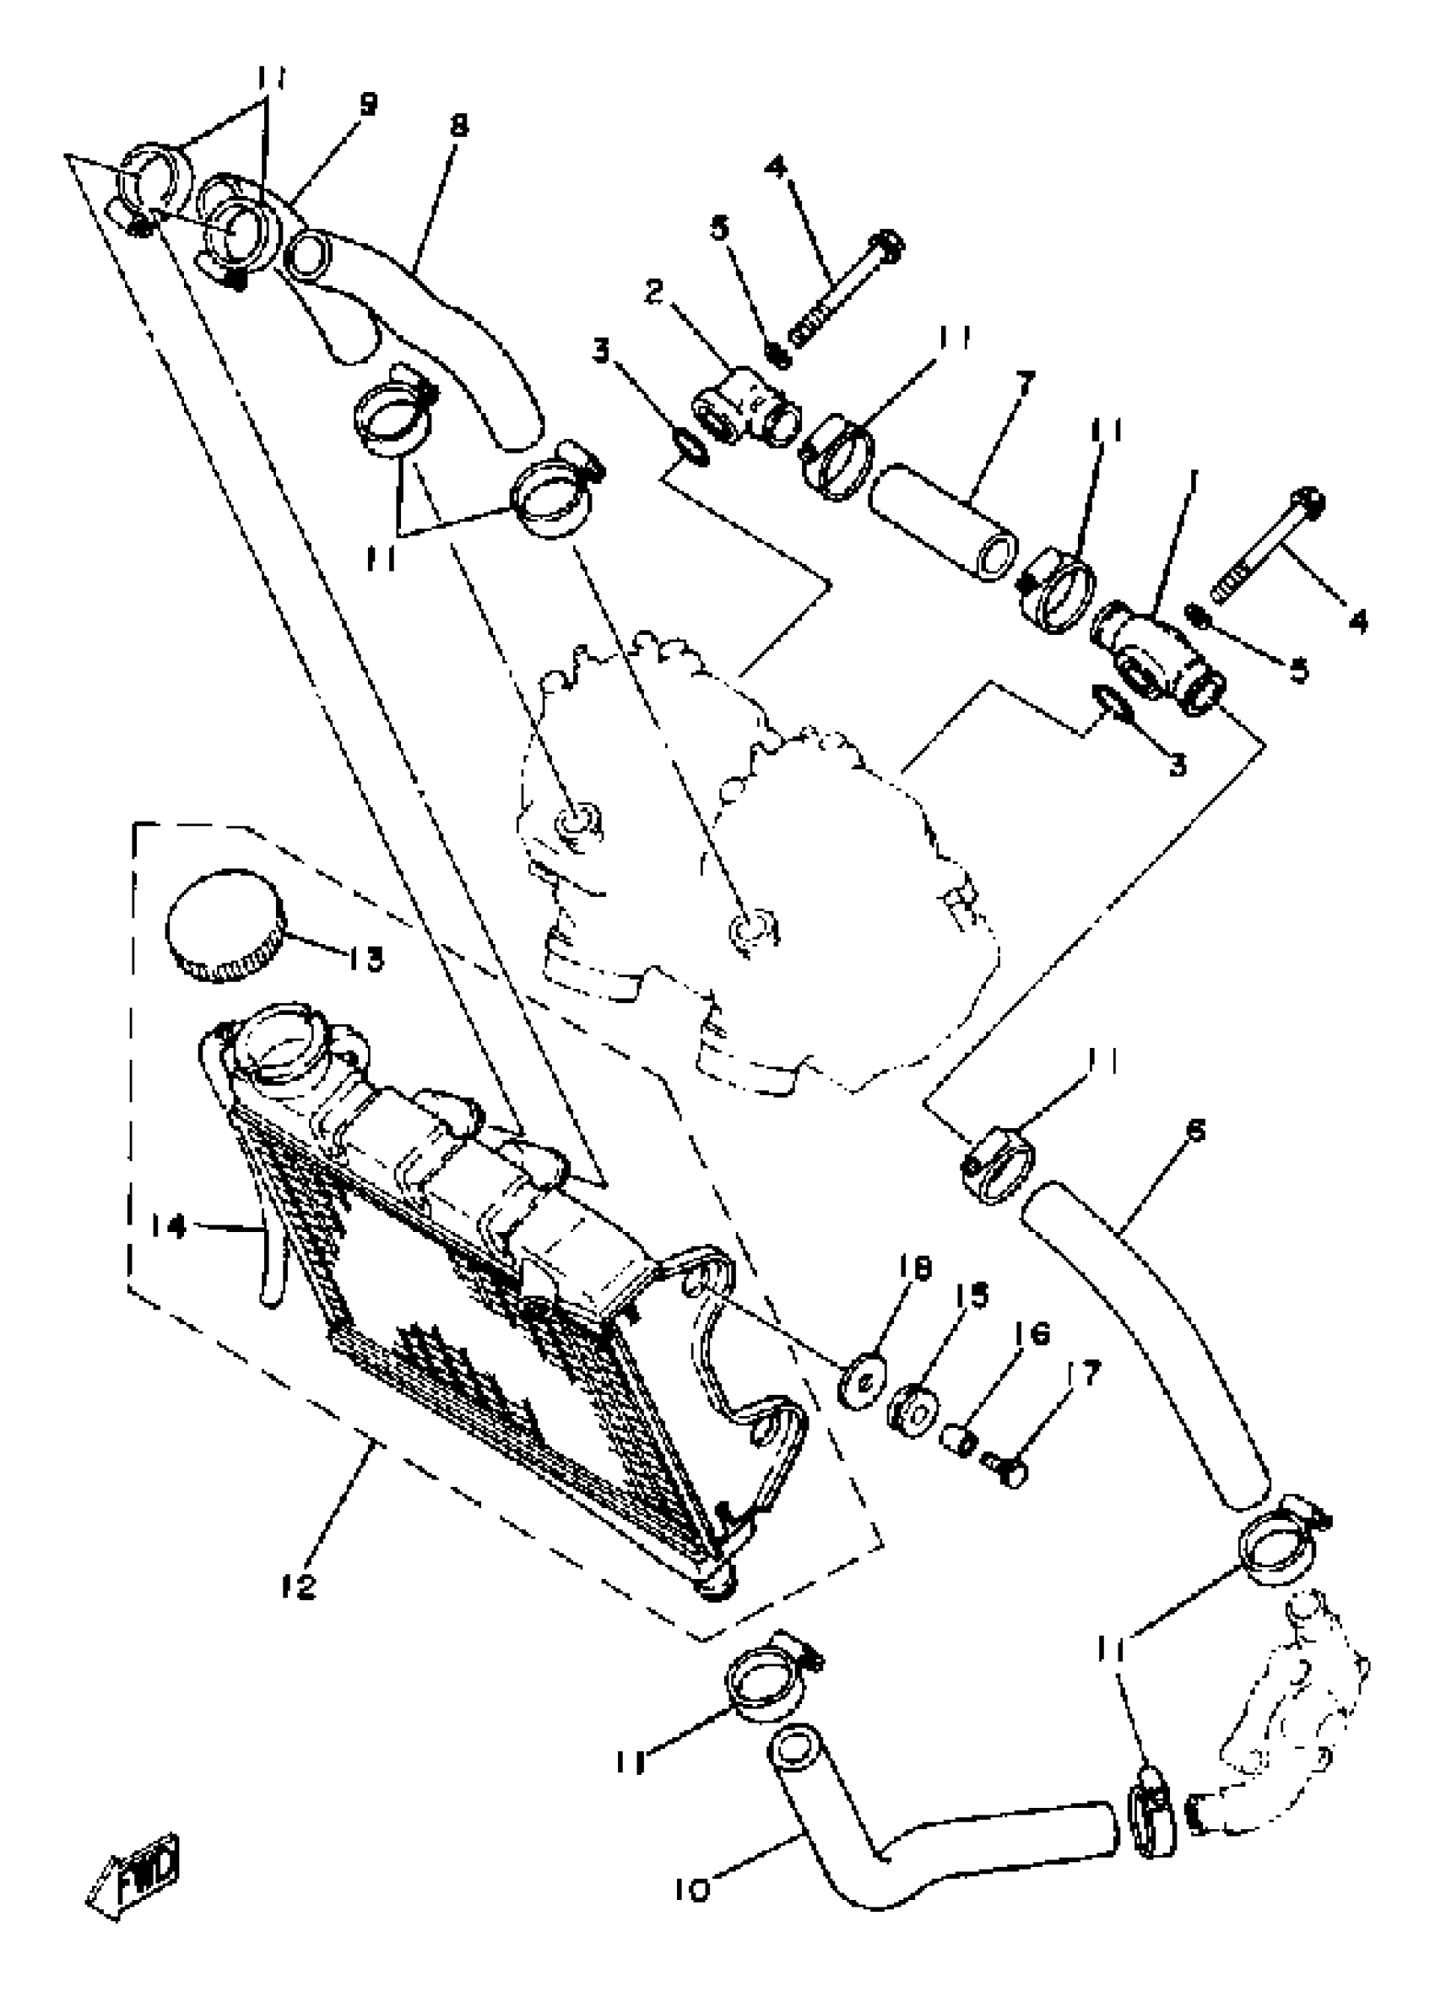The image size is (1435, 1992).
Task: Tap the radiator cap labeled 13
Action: click(225, 925)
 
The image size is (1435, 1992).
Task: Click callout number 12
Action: click(299, 1586)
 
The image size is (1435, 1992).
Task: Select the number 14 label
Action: click(168, 1226)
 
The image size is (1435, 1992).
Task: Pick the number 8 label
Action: click(458, 126)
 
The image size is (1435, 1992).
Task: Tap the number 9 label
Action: click(368, 105)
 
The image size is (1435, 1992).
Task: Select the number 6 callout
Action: click(1195, 1130)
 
